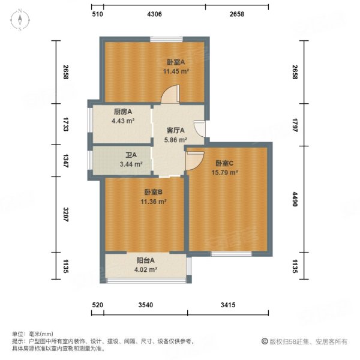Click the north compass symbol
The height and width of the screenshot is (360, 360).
(x=20, y=20)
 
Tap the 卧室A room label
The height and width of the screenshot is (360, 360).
(x=176, y=61)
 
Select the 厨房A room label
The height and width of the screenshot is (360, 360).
(x=122, y=112)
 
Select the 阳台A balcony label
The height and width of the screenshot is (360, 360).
(x=145, y=260)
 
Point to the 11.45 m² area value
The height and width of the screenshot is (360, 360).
(x=176, y=71)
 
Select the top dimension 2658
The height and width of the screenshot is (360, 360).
(x=236, y=14)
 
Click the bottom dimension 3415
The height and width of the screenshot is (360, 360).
(x=227, y=306)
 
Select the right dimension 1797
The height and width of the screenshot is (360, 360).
(x=295, y=125)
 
